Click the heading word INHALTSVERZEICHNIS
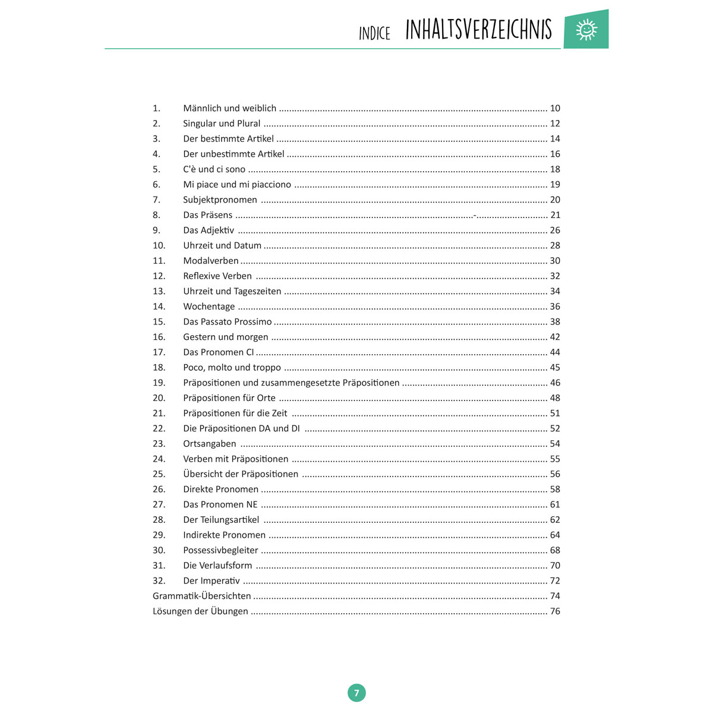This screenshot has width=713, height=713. pos(478,30)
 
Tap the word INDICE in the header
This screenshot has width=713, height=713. pos(374,33)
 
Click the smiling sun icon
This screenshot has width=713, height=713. pos(586,29)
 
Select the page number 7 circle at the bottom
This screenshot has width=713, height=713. pos(356,693)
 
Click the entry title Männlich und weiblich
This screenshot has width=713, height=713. pos(229,108)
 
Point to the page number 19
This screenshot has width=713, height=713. pos(555,184)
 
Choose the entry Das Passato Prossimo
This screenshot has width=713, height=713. pos(227,321)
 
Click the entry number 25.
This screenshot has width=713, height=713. pos(159,474)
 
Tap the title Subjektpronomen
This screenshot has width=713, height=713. pos(220,200)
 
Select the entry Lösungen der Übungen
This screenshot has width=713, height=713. pos(200,611)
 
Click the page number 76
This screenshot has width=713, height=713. pos(555,611)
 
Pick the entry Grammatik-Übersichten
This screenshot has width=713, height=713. pos(201,596)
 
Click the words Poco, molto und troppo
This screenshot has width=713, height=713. pos(232,367)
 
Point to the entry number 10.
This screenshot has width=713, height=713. pos(159,245)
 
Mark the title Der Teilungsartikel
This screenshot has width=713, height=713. pos(221,520)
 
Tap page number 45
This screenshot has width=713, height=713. pos(555,367)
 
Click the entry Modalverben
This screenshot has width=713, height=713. pos(210,261)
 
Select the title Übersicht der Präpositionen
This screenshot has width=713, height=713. pos(241,474)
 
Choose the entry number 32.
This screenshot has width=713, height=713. pos(159,581)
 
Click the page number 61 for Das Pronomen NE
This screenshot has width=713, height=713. pos(555,504)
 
